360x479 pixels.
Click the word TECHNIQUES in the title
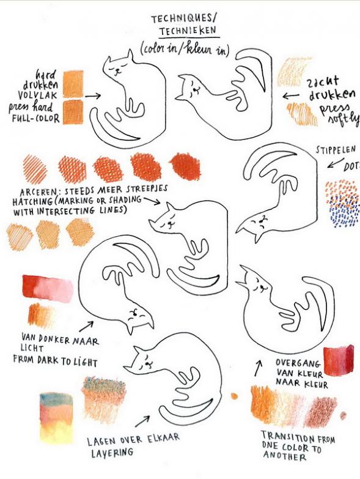pos(182,19)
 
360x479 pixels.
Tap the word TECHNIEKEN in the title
pos(188,31)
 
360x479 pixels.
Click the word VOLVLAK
pos(37,95)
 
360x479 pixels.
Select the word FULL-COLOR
pos(35,118)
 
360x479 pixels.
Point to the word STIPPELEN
pos(336,149)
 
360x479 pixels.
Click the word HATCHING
pos(32,201)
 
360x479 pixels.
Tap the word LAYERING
pos(112,453)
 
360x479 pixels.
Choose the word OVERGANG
pos(298,363)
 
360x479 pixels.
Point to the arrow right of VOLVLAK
pos(93,96)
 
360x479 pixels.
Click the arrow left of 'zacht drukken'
pos(291,96)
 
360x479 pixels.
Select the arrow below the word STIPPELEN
pos(336,163)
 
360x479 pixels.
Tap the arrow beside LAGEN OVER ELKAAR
pos(142,421)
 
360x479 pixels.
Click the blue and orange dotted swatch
pos(342,204)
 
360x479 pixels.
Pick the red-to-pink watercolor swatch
pos(48,288)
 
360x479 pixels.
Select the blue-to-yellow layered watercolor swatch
pos(56,418)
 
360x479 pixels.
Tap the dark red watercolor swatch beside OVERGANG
pos(339,360)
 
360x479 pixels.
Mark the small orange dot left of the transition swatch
pos(234,396)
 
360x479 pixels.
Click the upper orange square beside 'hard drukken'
pos(73,84)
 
